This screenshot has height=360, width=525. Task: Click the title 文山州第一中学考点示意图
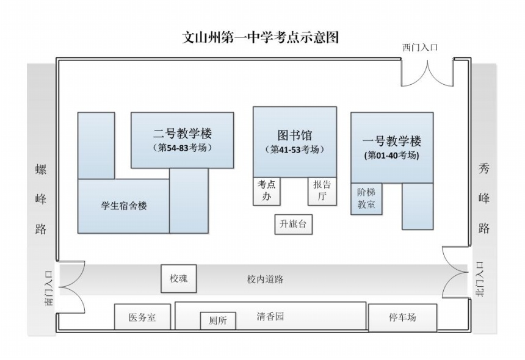point(262,38)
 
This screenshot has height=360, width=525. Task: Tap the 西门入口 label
point(420,48)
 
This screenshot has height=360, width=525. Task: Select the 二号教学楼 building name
point(182,133)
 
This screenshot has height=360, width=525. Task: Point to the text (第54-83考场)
point(182,148)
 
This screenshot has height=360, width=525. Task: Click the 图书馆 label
point(294,135)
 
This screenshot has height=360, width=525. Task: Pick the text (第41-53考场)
point(294,149)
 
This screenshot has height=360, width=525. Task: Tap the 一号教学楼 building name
point(391,141)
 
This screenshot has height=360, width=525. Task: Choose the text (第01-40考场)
point(391,156)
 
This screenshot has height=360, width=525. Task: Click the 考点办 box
point(266,192)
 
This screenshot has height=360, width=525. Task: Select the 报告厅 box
point(322,192)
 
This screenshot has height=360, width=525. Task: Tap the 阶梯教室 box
point(366,199)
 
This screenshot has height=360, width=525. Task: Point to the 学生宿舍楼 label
point(124,206)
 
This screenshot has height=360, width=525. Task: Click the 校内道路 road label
point(265,279)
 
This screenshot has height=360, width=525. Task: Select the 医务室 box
point(142,317)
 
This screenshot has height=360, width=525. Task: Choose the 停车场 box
point(402,317)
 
